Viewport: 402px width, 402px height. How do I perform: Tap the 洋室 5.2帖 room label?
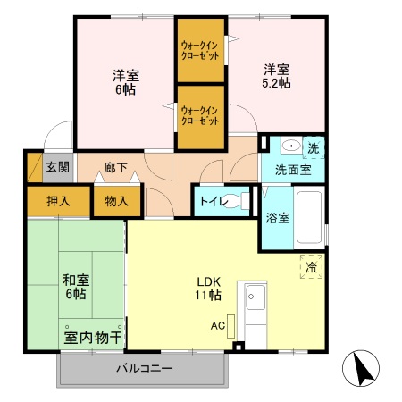276,76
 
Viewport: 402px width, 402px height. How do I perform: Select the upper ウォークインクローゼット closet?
200,49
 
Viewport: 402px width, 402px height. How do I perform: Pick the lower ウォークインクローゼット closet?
200,115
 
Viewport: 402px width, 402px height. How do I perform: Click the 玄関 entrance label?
57,166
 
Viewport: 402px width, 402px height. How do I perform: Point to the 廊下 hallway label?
115,167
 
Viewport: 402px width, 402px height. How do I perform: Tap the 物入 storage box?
116,201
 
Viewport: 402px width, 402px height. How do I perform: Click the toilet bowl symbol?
233,201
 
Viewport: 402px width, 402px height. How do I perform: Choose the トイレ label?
212,201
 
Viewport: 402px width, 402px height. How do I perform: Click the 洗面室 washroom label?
292,167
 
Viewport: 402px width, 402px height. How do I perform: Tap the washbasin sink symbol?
289,146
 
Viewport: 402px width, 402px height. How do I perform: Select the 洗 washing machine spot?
314,146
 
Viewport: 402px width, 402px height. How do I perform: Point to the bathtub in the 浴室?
308,216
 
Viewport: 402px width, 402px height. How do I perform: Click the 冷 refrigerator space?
311,266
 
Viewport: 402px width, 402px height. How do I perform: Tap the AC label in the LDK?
217,326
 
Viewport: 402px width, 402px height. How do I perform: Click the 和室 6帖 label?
74,285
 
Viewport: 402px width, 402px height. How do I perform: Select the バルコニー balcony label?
144,368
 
